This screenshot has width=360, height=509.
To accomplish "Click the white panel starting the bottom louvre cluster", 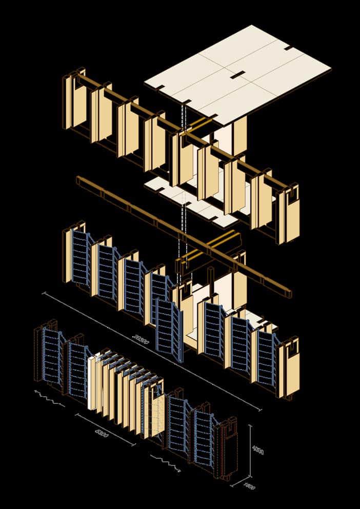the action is coord(92,382).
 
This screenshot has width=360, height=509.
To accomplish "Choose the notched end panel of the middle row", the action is coord(288,367).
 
